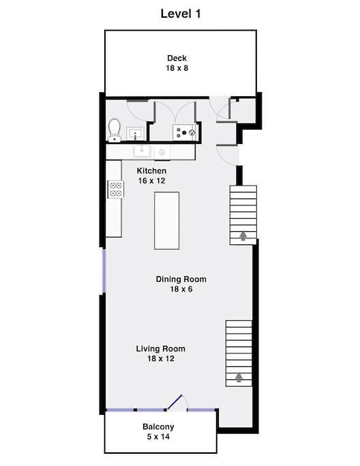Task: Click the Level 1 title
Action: [181, 14]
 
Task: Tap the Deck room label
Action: [177, 58]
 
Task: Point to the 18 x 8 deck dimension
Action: [177, 68]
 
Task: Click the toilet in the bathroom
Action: [114, 130]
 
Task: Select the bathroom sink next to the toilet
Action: [136, 134]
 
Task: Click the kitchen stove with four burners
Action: [116, 189]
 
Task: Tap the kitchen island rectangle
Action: [166, 220]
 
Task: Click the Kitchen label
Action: [151, 171]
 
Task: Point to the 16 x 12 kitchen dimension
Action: [151, 181]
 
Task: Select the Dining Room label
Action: [181, 279]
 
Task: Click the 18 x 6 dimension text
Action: [181, 289]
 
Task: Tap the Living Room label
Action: [161, 349]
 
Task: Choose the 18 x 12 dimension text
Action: [161, 359]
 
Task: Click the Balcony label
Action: [158, 427]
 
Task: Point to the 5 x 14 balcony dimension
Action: [158, 437]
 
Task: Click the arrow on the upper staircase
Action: [243, 235]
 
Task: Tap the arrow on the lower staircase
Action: [239, 377]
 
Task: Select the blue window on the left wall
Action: [104, 271]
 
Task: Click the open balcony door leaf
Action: [174, 403]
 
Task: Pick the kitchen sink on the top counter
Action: [142, 152]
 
